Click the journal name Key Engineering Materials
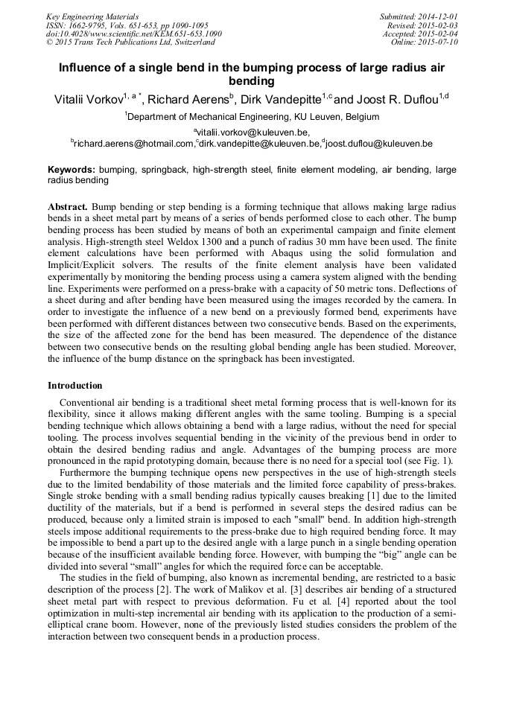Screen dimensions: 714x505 pyautogui.click(x=92, y=16)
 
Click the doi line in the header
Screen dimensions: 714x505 pyautogui.click(x=134, y=34)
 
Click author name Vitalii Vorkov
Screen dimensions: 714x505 pyautogui.click(x=90, y=98)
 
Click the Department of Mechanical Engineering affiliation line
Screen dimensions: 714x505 pyautogui.click(x=253, y=117)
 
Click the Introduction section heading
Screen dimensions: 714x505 pyautogui.click(x=75, y=386)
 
